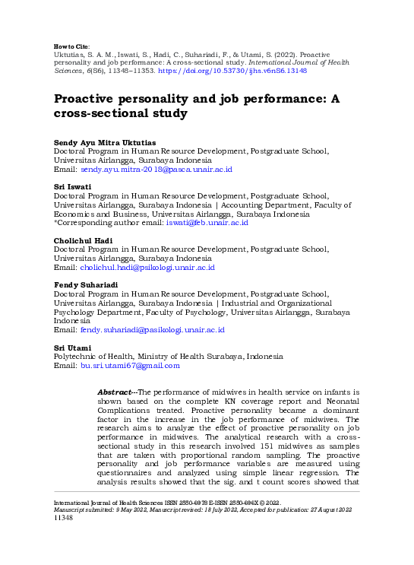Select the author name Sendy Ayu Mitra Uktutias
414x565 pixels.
pyautogui.click(x=104, y=143)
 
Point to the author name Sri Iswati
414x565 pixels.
pyautogui.click(x=73, y=186)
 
